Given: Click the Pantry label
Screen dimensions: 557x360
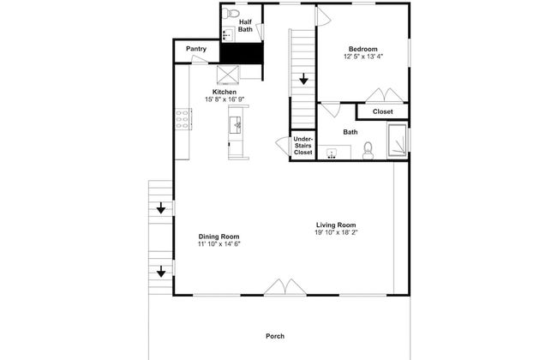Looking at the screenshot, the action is click(196, 49).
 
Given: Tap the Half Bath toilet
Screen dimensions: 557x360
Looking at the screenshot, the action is click(231, 13).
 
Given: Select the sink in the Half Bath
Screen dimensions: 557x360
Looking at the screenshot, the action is click(227, 35).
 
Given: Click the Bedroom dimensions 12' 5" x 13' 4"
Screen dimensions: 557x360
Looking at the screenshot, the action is click(363, 57).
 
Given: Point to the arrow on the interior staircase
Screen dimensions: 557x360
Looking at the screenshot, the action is click(303, 79).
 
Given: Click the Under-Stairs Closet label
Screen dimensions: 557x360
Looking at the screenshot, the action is click(303, 146).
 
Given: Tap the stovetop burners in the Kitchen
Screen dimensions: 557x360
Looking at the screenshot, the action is click(183, 119).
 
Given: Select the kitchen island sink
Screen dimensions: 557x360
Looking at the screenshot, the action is click(235, 125).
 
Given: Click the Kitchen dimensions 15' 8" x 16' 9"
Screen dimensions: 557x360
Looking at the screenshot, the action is click(225, 99).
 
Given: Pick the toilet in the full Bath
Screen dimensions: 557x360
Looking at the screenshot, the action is click(368, 151).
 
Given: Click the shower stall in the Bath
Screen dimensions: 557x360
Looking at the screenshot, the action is click(397, 140).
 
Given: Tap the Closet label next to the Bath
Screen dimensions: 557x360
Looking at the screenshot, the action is click(382, 111).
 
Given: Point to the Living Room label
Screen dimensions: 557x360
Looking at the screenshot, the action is click(336, 225).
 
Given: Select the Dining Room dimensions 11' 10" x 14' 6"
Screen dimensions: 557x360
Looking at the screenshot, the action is click(219, 243).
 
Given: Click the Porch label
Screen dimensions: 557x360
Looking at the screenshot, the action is click(275, 336).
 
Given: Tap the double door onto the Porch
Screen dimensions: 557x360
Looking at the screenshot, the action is click(284, 287).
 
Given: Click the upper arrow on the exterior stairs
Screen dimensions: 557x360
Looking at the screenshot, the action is click(161, 208).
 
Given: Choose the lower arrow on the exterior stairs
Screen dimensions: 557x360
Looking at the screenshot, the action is click(161, 271).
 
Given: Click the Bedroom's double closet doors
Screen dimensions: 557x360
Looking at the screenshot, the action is click(385, 95).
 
